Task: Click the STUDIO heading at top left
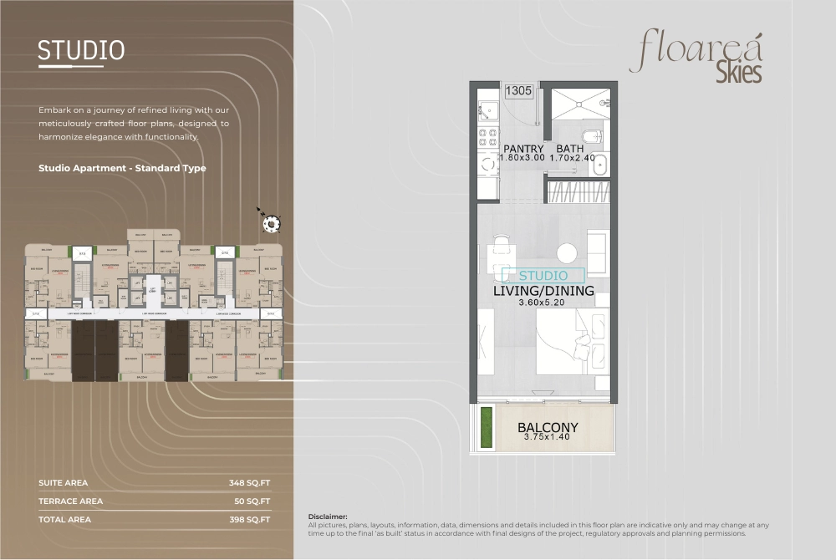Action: click(81, 50)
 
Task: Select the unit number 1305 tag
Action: click(518, 91)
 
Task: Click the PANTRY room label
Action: click(523, 149)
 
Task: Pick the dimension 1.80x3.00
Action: click(522, 157)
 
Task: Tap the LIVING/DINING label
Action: click(543, 291)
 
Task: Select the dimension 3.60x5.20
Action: click(543, 303)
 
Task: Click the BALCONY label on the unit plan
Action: click(548, 427)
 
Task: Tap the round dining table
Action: click(567, 252)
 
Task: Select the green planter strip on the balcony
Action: click(486, 427)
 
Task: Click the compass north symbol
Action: click(272, 221)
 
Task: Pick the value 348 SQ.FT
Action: click(249, 483)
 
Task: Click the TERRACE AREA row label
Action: click(71, 501)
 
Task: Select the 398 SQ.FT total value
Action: click(249, 520)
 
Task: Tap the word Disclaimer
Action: click(328, 517)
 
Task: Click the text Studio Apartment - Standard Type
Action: click(122, 168)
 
